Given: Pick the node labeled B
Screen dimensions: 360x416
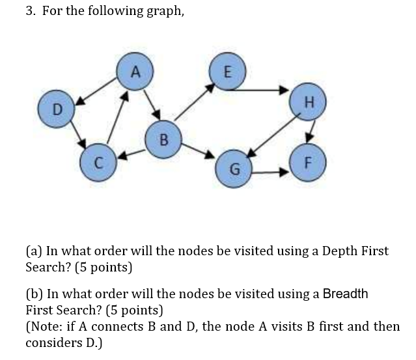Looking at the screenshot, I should pos(163,139).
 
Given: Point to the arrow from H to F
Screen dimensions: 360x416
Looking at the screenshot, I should pos(311,131).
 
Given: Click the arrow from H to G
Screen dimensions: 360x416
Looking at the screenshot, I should pos(271,137).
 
